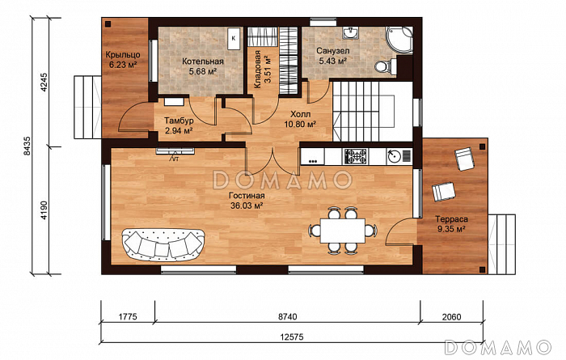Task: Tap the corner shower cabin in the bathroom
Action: tap(399, 40)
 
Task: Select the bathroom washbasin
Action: tap(350, 32)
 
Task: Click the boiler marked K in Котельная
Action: tap(234, 39)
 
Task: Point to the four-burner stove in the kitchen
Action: tap(355, 156)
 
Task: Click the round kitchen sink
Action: tap(395, 156)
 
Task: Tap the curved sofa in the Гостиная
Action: tap(163, 244)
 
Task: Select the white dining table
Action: tap(343, 231)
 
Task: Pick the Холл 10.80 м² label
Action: tap(300, 120)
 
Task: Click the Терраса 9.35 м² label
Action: tap(451, 224)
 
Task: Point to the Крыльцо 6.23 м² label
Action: tap(123, 60)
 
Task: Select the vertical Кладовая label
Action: tap(263, 70)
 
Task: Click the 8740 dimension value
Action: tap(287, 316)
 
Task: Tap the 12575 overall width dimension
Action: tap(292, 337)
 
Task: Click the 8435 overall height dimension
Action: tap(27, 146)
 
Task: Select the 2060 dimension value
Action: tap(451, 316)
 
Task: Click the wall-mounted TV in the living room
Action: tap(175, 151)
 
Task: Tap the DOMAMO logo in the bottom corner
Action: tap(498, 347)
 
